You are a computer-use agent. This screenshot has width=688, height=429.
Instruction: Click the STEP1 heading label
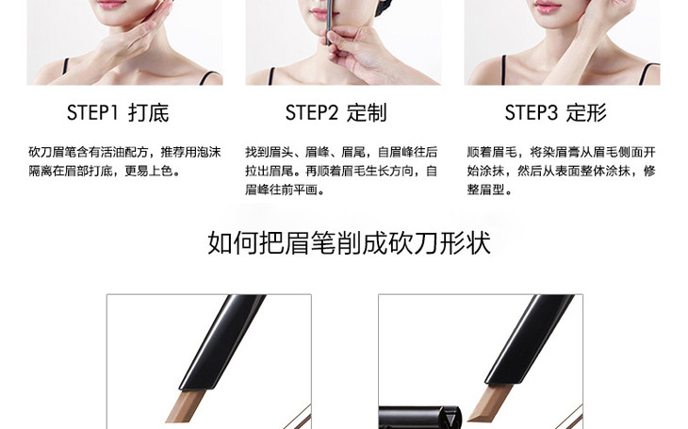92,112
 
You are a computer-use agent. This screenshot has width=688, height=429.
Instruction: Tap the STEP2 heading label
312,112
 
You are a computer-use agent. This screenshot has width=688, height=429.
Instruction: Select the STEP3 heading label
531,112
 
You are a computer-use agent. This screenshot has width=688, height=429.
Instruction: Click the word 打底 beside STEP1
149,113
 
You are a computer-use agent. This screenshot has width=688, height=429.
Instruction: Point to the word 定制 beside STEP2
367,113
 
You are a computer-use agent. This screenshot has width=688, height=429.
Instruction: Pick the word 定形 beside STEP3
586,113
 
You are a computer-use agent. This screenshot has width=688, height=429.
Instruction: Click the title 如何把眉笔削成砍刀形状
349,242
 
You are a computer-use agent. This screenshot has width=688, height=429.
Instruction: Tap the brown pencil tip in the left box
185,405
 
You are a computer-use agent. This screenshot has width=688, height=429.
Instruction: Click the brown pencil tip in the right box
488,403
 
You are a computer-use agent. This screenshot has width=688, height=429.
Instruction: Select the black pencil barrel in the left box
223,340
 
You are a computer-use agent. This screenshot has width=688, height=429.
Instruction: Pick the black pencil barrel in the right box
530,339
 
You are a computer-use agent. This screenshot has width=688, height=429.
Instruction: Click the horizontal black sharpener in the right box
420,418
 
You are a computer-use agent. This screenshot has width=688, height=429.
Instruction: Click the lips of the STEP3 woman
548,7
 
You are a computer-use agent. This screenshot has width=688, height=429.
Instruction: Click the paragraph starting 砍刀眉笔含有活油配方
124,161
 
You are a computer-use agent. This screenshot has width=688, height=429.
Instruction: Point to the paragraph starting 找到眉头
341,171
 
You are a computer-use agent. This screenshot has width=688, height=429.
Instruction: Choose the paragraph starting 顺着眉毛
561,171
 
